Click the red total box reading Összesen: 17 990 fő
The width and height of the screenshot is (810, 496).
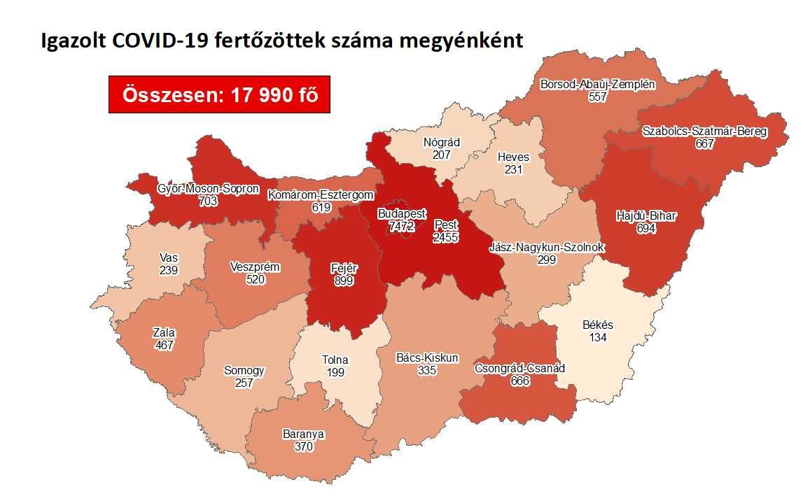[219, 94]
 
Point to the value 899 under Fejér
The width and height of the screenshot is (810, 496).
[344, 281]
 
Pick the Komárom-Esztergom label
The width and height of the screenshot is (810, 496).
[321, 195]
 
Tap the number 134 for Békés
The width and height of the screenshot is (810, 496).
[597, 337]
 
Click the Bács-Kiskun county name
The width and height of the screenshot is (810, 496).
[426, 357]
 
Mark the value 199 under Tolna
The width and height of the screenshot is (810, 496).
[335, 372]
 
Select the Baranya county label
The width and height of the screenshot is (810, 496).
[303, 434]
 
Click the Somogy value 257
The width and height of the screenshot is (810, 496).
[244, 383]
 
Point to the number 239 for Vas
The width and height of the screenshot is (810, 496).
[169, 270]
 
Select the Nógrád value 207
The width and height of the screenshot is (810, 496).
[441, 155]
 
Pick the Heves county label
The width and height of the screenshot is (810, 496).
[512, 157]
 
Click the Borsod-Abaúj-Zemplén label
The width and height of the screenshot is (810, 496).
[597, 85]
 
